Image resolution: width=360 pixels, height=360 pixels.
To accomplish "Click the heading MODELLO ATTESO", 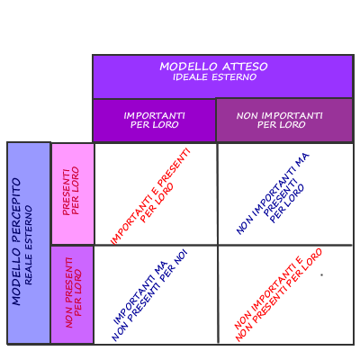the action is (213, 67).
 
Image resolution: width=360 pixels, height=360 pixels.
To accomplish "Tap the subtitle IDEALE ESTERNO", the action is (214, 77).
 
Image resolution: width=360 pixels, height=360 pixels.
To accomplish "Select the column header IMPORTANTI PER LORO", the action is (155, 120).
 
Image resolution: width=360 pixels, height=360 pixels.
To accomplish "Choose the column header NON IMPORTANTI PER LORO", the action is (280, 120).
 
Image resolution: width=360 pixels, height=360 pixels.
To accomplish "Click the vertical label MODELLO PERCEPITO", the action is (16, 241).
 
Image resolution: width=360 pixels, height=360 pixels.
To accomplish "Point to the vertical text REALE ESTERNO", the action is (28, 245).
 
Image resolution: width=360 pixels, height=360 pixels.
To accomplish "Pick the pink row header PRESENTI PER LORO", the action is (71, 191).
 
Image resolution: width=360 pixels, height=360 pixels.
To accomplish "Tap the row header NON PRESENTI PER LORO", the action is (73, 292).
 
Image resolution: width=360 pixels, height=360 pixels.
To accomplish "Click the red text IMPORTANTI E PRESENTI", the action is (150, 196).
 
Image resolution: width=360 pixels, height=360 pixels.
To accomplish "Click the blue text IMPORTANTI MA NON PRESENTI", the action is (149, 295).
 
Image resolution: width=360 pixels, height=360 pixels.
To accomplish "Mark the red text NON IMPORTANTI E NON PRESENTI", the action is (278, 295).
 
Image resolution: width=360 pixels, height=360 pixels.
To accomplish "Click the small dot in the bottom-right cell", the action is (321, 274).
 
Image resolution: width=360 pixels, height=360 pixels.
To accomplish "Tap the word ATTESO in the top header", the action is (245, 67).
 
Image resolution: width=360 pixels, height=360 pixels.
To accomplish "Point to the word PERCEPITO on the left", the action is (16, 210).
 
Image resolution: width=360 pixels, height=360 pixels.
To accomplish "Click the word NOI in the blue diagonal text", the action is (181, 256).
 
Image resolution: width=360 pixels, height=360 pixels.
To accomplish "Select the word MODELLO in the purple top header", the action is (188, 67).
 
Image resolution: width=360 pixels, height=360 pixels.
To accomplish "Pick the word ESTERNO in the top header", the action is (234, 77).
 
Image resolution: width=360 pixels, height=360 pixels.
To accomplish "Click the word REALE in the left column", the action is (28, 269).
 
